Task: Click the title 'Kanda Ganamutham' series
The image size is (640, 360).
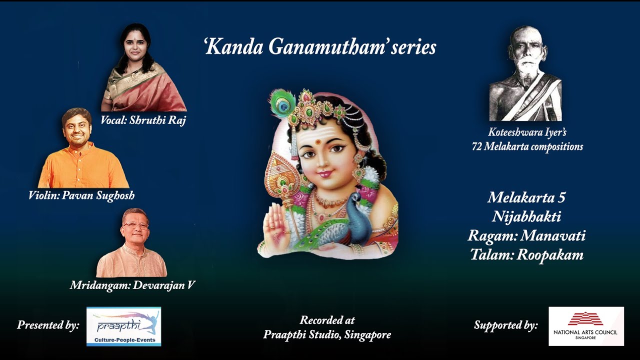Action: tap(320, 47)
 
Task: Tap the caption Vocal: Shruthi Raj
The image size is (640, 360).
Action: tap(143, 120)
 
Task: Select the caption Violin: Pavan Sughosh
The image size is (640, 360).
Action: tap(81, 195)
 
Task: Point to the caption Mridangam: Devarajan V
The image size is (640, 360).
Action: tap(132, 285)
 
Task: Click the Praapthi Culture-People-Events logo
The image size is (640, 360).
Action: tap(123, 326)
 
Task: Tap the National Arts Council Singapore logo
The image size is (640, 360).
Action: tap(586, 326)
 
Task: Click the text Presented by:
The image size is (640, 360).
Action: tap(48, 325)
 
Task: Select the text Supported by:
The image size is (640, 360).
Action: tap(505, 325)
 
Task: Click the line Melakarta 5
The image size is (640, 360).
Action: tap(526, 197)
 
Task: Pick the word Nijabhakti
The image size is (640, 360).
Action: tap(526, 216)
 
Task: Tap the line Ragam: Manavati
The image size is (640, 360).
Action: tap(526, 235)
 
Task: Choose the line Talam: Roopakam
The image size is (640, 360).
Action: tap(526, 255)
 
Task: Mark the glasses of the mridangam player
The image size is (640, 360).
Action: tap(135, 226)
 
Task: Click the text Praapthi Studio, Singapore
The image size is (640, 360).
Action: tap(327, 335)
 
